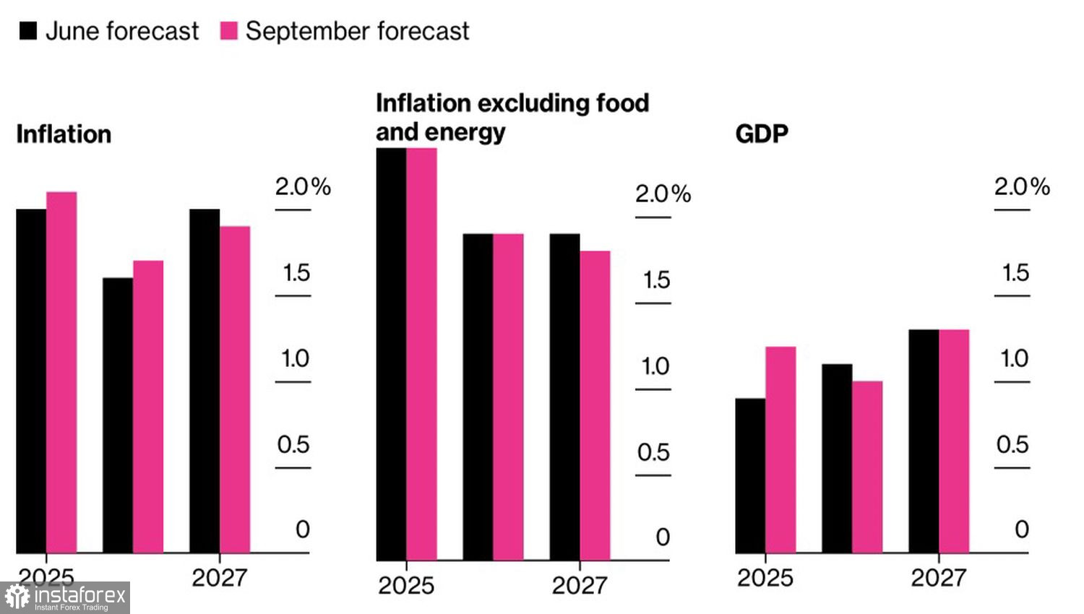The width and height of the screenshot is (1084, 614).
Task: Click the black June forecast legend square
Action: [28, 31]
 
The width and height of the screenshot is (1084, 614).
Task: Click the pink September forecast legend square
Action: [228, 31]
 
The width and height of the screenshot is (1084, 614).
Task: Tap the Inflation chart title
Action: [64, 134]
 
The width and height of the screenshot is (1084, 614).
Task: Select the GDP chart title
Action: [761, 134]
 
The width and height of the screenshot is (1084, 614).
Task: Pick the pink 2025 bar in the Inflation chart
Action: [61, 372]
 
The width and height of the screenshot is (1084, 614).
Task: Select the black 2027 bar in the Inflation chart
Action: [205, 381]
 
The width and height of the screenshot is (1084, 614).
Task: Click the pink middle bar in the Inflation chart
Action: [148, 407]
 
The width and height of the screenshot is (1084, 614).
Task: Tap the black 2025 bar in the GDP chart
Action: [750, 475]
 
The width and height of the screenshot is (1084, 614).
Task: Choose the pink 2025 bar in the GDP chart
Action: [780, 449]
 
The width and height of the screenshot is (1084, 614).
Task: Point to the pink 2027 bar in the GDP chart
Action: [954, 441]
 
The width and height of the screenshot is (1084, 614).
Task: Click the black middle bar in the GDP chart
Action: [837, 458]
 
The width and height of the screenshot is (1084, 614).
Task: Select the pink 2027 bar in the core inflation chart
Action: [595, 405]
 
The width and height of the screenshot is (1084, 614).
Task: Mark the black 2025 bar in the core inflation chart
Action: [391, 354]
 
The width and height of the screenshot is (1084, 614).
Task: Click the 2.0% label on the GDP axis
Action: [1021, 187]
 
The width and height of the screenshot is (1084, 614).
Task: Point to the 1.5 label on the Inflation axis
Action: [296, 273]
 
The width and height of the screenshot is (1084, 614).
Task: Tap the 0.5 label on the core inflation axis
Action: [653, 453]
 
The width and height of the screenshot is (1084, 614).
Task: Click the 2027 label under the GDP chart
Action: [938, 578]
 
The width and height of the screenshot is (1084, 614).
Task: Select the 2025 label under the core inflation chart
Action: [406, 585]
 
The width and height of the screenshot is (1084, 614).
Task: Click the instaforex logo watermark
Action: [65, 597]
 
